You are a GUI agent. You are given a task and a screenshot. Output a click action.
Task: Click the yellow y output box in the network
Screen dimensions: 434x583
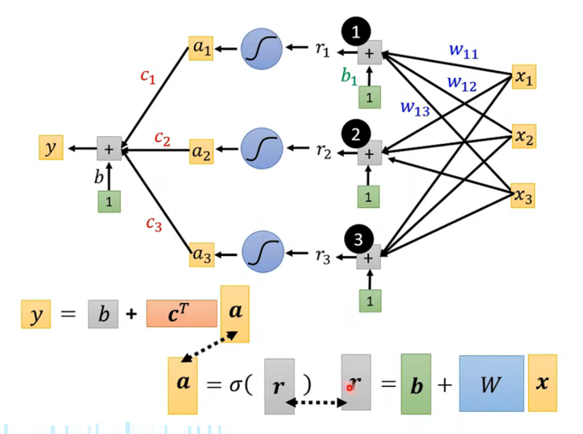pyautogui.click(x=51, y=148)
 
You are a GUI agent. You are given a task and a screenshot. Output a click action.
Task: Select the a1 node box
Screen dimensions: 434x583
pyautogui.click(x=201, y=49)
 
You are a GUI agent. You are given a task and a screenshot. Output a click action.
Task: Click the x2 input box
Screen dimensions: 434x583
pyautogui.click(x=523, y=136)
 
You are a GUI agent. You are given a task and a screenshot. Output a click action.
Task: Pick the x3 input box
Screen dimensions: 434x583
pyautogui.click(x=523, y=197)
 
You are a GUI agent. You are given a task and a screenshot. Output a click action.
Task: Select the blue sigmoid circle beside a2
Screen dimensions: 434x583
pyautogui.click(x=260, y=150)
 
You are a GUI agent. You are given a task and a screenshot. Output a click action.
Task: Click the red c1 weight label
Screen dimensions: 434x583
pyautogui.click(x=148, y=75)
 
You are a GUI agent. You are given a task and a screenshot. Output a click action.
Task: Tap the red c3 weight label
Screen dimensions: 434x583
pyautogui.click(x=153, y=224)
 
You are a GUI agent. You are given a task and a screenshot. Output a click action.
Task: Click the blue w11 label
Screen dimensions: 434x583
pyautogui.click(x=463, y=51)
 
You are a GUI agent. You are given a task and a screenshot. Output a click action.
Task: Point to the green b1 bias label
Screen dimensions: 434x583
pyautogui.click(x=349, y=77)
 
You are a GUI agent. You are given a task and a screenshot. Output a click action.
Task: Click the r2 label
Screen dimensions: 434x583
pyautogui.click(x=323, y=152)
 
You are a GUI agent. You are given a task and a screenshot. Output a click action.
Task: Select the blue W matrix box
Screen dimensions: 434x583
pyautogui.click(x=491, y=383)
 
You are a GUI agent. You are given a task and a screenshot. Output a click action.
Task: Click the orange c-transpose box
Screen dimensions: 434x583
pyautogui.click(x=181, y=314)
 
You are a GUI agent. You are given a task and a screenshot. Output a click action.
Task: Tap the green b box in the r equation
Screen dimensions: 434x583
pyautogui.click(x=416, y=384)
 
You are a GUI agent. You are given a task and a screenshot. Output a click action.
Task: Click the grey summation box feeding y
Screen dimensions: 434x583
pyautogui.click(x=109, y=149)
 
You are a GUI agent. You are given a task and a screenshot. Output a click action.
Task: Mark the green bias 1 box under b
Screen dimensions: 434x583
pyautogui.click(x=109, y=201)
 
